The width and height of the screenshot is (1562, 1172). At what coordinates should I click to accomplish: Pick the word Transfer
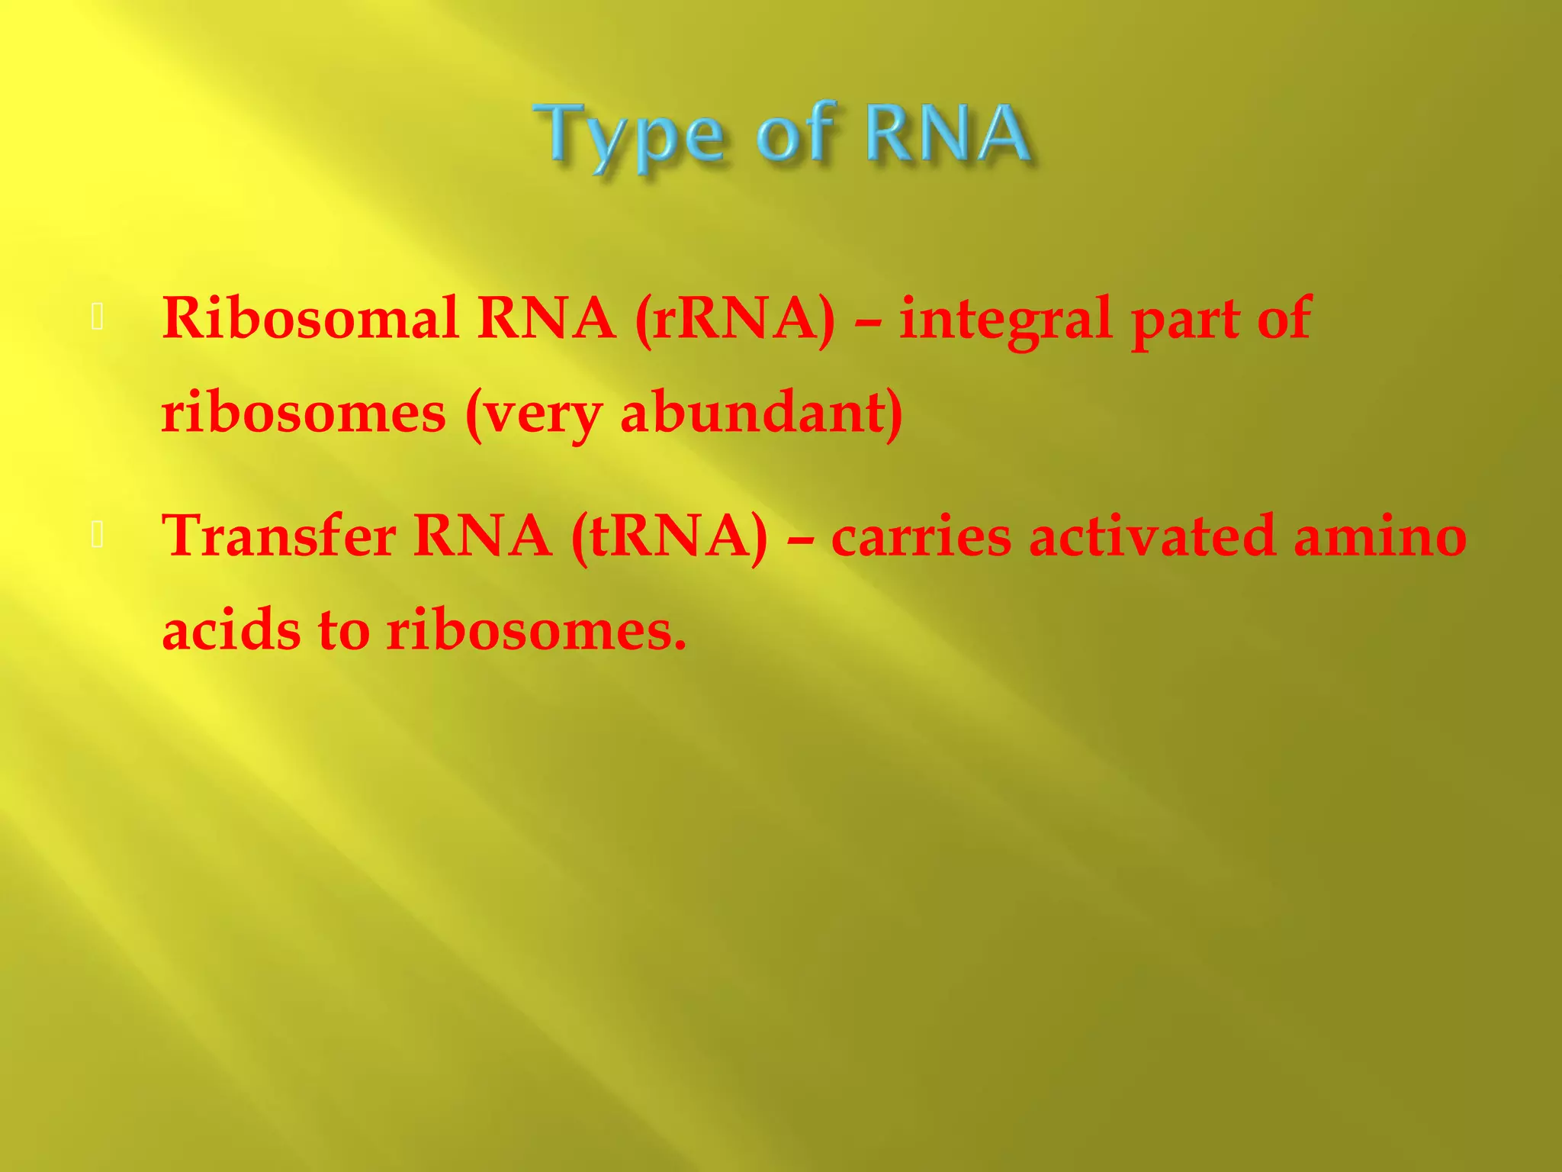[279, 536]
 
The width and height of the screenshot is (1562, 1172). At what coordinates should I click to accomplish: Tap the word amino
[1380, 536]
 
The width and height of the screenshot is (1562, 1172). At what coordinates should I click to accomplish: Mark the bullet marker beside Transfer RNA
[97, 536]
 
